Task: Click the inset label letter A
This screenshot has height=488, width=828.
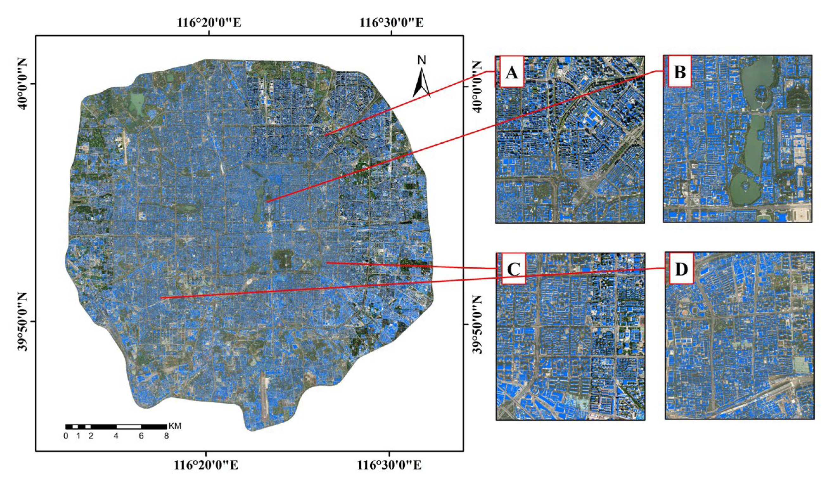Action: [511, 72]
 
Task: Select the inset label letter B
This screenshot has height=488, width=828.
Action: [680, 72]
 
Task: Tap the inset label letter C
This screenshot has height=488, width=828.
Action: [514, 269]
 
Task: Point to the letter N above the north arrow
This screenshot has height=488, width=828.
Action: [422, 60]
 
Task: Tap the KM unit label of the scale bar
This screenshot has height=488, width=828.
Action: [175, 426]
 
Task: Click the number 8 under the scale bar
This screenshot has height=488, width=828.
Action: [167, 436]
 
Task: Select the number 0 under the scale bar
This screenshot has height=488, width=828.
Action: [66, 436]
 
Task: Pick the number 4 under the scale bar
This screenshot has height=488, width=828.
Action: [116, 436]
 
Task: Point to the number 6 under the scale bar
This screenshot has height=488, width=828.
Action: [141, 436]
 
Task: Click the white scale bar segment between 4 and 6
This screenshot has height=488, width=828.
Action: [129, 427]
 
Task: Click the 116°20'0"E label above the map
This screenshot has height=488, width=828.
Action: [209, 23]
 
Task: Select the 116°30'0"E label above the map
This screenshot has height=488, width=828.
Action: [392, 23]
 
